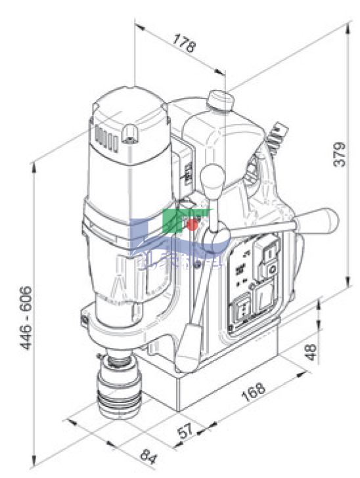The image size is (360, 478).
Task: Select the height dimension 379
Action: pyautogui.click(x=339, y=154)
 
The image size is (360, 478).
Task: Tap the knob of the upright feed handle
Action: pyautogui.click(x=212, y=176)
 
